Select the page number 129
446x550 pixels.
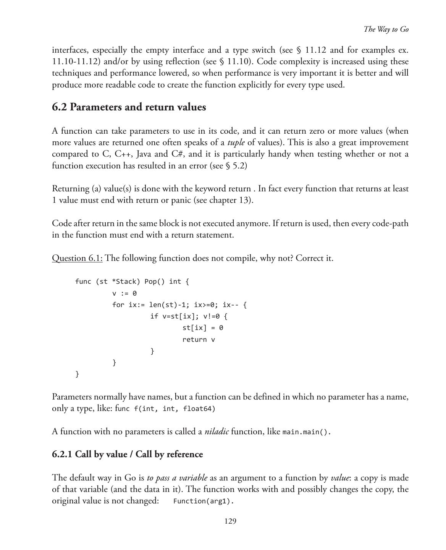coord(230,521)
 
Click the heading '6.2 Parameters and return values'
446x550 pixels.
coord(129,107)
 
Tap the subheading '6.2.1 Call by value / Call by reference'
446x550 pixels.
coord(127,454)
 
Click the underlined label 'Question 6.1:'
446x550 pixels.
coord(77,258)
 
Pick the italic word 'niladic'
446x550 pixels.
coord(217,432)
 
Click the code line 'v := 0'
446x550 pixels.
coord(124,293)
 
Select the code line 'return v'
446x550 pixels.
coord(199,340)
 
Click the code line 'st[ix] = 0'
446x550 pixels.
coord(202,328)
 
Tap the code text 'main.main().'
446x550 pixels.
coord(306,432)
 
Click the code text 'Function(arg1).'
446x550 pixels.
coord(203,501)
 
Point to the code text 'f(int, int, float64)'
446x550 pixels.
coord(175,409)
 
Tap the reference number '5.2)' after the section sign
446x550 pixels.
coord(239,166)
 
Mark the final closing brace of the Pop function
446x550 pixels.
coord(78,374)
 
